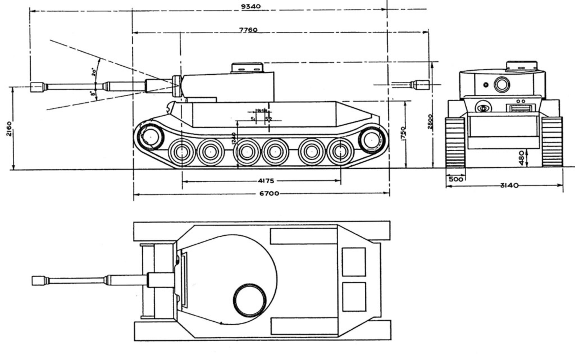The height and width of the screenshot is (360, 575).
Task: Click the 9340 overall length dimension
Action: [x=251, y=6]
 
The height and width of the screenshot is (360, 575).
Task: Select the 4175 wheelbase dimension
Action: [x=265, y=181]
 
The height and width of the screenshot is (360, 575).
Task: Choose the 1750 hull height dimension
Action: [x=403, y=133]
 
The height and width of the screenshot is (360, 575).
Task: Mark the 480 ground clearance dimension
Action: [x=521, y=158]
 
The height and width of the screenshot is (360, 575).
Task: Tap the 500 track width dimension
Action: [x=456, y=179]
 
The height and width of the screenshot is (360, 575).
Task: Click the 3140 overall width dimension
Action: [x=509, y=185]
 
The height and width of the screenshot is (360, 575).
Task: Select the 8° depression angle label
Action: [x=93, y=93]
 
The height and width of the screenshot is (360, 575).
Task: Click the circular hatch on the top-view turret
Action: [x=250, y=300]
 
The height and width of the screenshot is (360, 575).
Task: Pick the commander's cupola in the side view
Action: [x=247, y=68]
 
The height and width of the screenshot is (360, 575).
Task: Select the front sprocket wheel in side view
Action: [x=150, y=137]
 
